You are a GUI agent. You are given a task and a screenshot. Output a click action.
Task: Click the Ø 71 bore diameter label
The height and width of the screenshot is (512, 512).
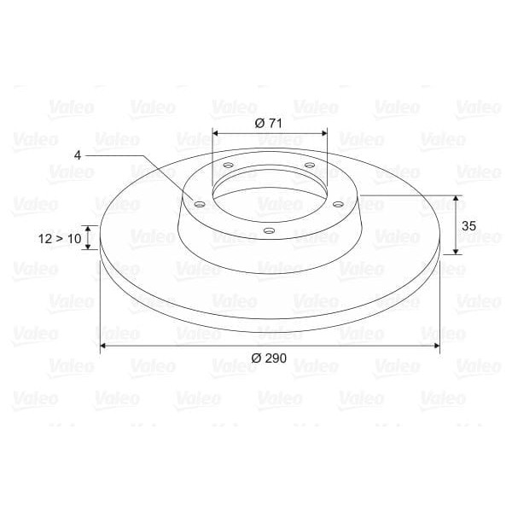(x=269, y=123)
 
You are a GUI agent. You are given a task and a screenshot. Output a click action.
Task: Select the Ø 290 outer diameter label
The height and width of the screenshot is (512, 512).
(x=269, y=358)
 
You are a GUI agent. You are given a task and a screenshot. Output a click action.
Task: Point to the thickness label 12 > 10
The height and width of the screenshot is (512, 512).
(x=60, y=239)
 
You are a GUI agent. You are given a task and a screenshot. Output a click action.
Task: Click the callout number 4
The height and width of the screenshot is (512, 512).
(x=78, y=155)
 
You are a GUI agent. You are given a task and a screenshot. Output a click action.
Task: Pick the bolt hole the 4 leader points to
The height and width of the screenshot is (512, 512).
(x=199, y=205)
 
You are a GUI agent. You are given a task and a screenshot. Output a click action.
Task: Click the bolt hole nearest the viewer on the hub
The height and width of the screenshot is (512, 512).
(x=269, y=231)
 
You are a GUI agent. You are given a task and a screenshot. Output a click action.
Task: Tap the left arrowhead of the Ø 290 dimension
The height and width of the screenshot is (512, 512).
(x=104, y=346)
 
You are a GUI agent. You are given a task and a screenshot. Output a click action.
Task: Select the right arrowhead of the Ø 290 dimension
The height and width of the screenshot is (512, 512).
(x=436, y=346)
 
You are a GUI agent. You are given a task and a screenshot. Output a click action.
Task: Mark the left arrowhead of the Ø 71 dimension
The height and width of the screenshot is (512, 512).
(x=216, y=133)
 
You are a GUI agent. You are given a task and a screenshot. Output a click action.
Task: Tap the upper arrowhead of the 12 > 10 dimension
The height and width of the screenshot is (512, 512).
(x=89, y=228)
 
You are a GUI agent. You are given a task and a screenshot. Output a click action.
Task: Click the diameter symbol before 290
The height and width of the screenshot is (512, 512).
(x=255, y=358)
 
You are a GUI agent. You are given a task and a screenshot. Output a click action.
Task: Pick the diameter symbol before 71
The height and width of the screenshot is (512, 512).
(x=259, y=123)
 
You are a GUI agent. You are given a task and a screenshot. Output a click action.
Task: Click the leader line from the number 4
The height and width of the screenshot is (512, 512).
(x=141, y=162)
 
